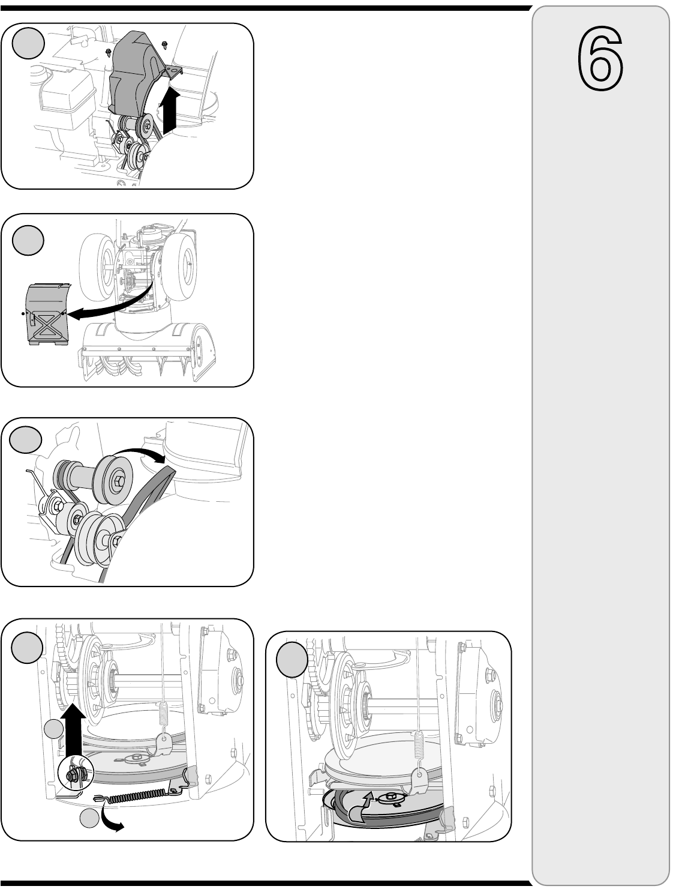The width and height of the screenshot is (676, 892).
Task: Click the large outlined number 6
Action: click(x=600, y=58)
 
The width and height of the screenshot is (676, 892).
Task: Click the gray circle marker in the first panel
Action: click(x=28, y=43)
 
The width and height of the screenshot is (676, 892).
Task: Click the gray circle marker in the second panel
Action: click(x=28, y=240)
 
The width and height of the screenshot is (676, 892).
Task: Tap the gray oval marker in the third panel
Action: click(x=26, y=440)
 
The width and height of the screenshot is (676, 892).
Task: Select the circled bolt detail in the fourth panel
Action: click(x=76, y=774)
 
